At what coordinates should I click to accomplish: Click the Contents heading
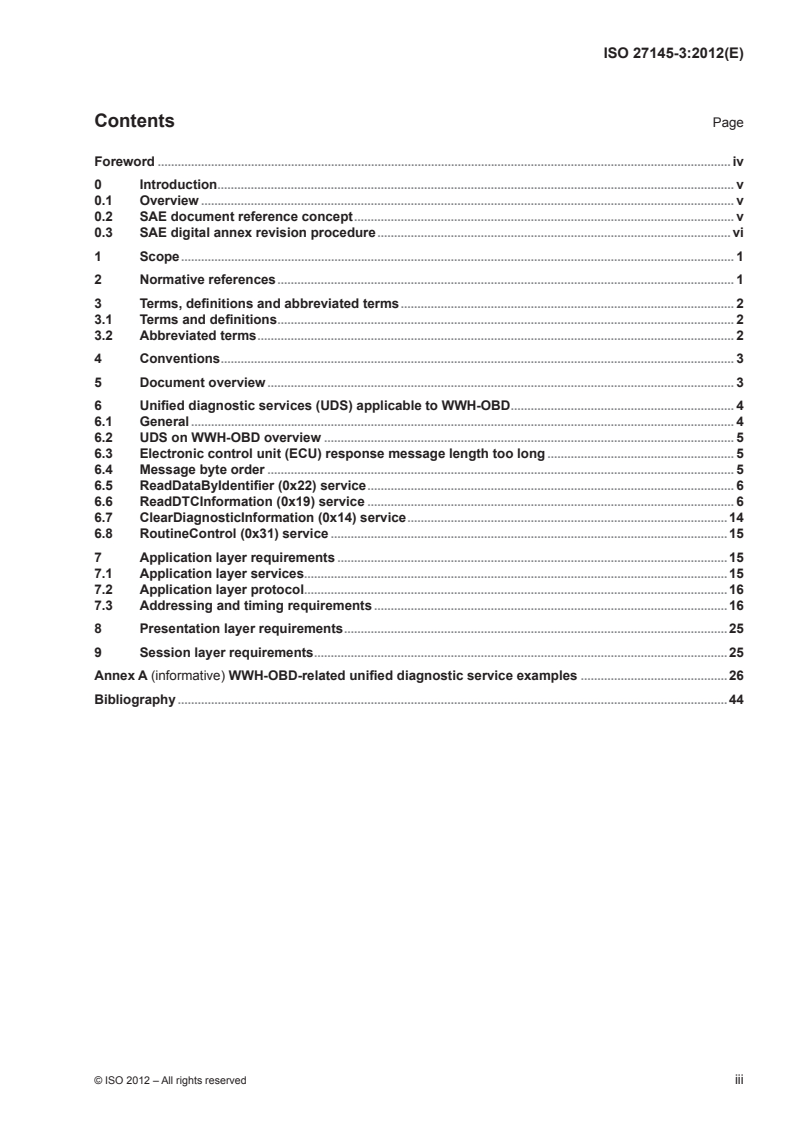pyautogui.click(x=134, y=121)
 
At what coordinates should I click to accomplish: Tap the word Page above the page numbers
pyautogui.click(x=727, y=123)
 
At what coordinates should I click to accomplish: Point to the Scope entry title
pyautogui.click(x=159, y=257)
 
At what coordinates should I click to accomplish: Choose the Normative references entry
pyautogui.click(x=207, y=279)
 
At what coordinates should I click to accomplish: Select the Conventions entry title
pyautogui.click(x=179, y=358)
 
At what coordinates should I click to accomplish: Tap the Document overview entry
pyautogui.click(x=202, y=382)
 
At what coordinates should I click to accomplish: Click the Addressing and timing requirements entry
pyautogui.click(x=255, y=606)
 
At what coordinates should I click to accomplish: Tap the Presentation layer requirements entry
pyautogui.click(x=241, y=629)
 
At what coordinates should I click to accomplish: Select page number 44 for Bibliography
pyautogui.click(x=735, y=699)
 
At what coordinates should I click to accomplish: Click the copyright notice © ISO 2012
pyautogui.click(x=170, y=1079)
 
